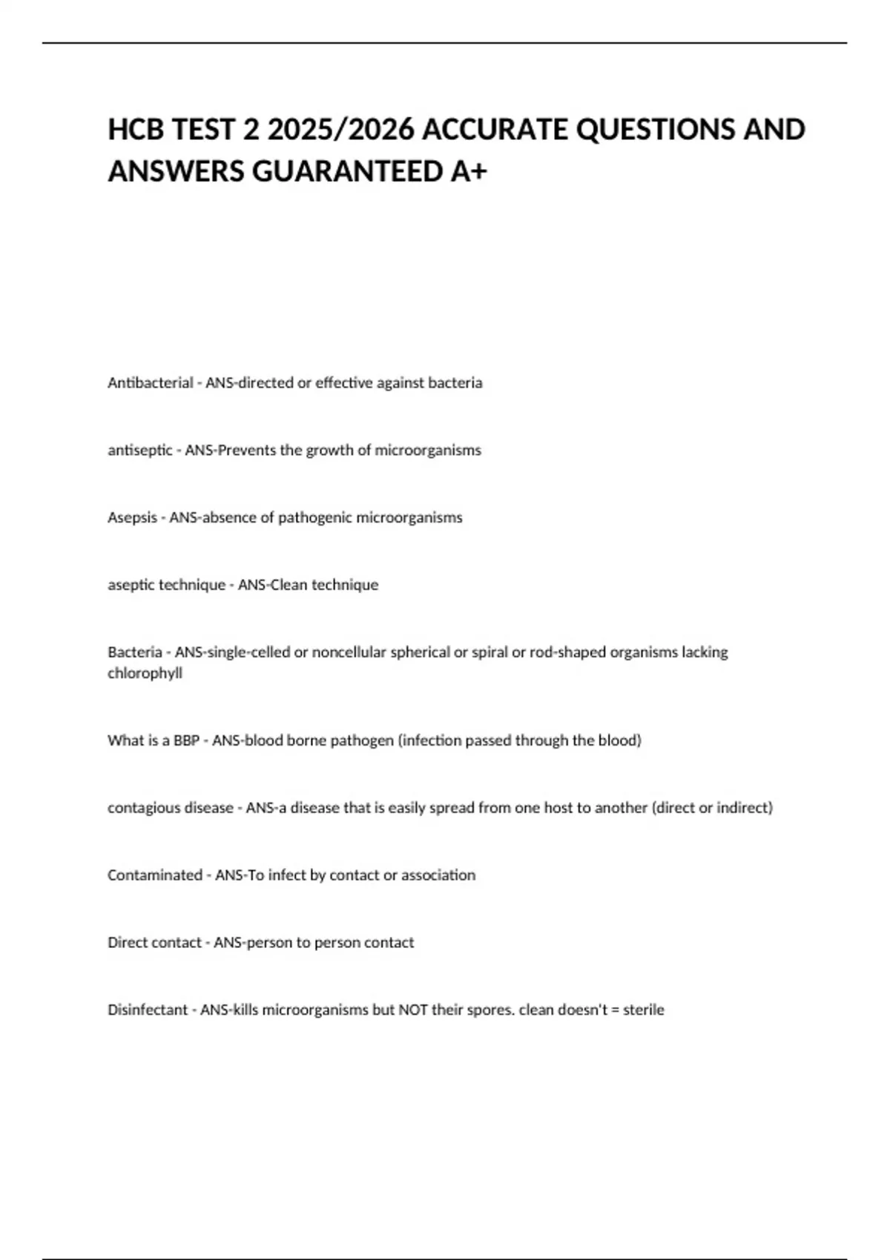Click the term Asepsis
(132, 518)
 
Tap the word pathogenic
(315, 518)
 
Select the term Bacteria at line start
(134, 652)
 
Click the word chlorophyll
(145, 674)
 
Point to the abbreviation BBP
(186, 740)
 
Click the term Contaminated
(154, 875)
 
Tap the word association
(438, 875)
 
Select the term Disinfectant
(148, 1010)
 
